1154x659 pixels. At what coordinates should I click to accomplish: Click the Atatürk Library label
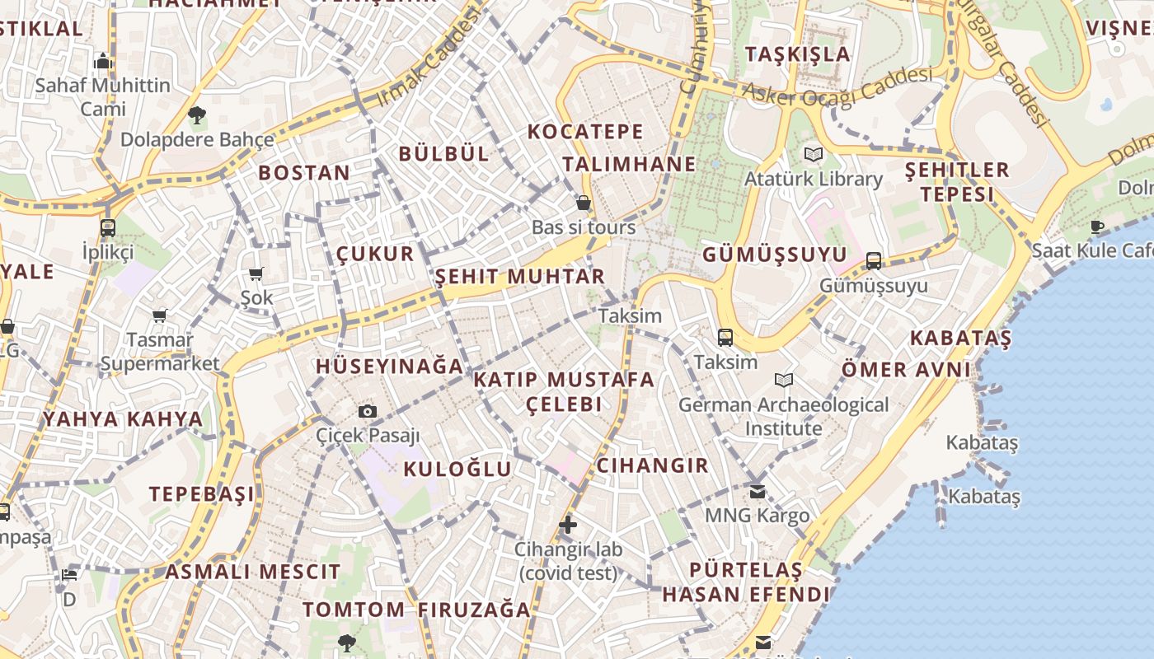click(x=813, y=179)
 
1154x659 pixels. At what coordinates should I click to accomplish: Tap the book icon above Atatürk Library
click(x=814, y=154)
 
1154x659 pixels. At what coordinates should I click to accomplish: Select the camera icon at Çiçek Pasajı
click(x=368, y=411)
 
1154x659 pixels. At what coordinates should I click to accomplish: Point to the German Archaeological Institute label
click(x=783, y=416)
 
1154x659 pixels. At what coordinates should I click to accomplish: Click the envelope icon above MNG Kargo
click(x=757, y=492)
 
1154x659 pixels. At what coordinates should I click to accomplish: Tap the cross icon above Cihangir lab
click(x=567, y=524)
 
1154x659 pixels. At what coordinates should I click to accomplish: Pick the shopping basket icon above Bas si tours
click(x=584, y=203)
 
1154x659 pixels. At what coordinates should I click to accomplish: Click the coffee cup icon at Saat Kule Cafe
click(x=1097, y=227)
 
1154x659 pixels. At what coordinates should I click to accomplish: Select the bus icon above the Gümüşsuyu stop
click(x=874, y=261)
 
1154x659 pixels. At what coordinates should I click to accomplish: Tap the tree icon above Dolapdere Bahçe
click(x=196, y=115)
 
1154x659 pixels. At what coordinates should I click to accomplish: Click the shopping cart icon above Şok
click(x=256, y=273)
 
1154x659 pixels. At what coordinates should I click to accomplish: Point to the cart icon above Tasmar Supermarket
click(x=160, y=315)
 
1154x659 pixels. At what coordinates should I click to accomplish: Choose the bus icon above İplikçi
click(x=108, y=228)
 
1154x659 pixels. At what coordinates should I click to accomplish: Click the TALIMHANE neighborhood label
click(x=629, y=164)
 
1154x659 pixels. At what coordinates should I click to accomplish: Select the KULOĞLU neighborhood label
click(x=457, y=470)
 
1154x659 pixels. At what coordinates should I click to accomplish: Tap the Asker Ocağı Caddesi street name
click(x=837, y=86)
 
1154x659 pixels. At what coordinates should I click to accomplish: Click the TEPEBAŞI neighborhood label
click(x=202, y=494)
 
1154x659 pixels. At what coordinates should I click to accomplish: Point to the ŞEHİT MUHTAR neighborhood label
click(x=520, y=276)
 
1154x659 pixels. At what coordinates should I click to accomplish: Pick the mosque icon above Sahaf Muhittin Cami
click(x=103, y=61)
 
